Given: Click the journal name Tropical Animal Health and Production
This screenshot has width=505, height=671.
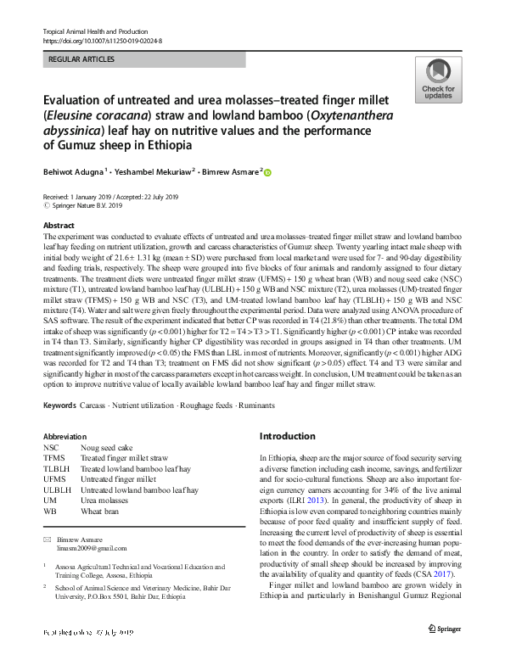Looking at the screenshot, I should [94, 31].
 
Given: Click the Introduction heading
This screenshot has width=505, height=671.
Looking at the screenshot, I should [287, 436].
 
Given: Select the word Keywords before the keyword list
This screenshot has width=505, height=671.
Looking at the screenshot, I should [59, 406].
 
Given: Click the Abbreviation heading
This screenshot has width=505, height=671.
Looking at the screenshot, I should [65, 436].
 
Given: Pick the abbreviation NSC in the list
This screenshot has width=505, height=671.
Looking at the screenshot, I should [51, 447].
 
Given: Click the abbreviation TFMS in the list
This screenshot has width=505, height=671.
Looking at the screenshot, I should [53, 458].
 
